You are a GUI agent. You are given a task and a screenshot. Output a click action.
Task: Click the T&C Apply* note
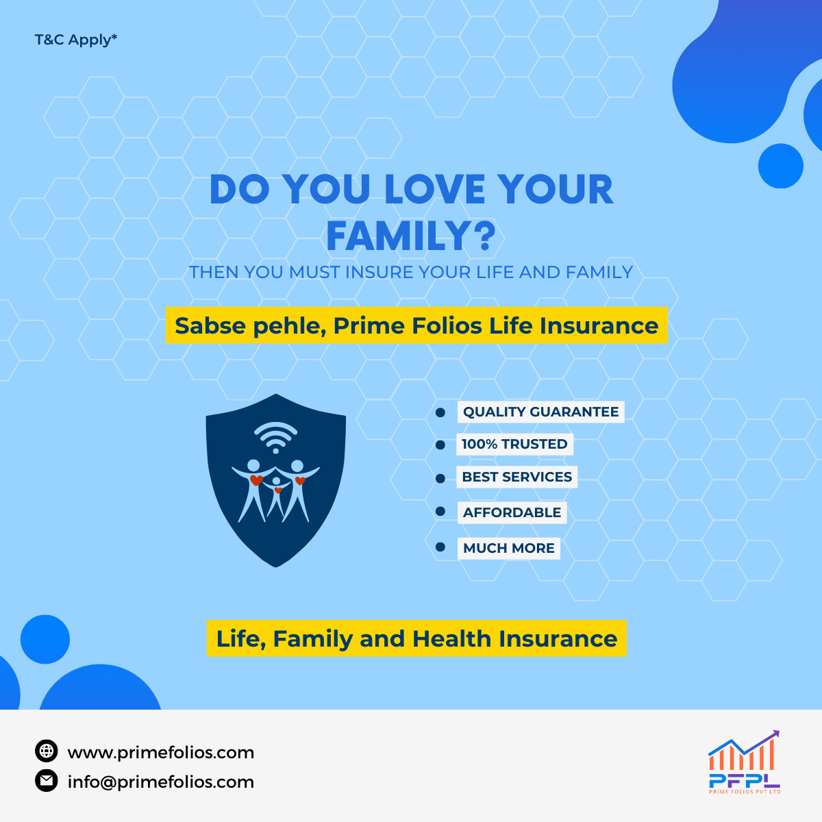75,40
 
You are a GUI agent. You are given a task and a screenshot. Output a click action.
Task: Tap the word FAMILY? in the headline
411,236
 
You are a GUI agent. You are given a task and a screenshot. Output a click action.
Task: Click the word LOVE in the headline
434,189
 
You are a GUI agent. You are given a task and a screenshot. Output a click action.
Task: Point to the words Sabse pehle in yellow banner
251,326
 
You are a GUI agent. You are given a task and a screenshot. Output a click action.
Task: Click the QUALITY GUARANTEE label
541,412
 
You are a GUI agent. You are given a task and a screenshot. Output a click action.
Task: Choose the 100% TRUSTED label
514,444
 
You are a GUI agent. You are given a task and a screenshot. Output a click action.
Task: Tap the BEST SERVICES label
516,477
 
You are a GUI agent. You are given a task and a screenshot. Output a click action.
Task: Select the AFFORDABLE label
512,512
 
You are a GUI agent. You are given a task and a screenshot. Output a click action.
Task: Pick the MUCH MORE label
508,548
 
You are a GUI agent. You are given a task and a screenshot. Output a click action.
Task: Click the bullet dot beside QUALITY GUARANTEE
440,412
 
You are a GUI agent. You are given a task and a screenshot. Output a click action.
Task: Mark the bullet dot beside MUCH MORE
440,547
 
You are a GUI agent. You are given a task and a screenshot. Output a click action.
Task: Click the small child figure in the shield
277,496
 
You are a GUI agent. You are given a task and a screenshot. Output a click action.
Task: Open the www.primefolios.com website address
161,752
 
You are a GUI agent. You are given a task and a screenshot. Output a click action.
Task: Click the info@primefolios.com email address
161,782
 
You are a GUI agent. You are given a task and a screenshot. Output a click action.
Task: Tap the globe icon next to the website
47,751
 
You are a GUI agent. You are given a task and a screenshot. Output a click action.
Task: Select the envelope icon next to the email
47,781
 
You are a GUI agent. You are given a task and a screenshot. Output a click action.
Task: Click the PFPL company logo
745,762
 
